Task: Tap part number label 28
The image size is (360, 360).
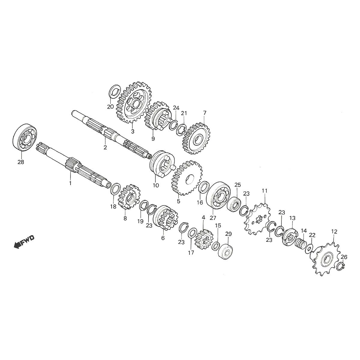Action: tap(21, 162)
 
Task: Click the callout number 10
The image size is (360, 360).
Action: tap(156, 185)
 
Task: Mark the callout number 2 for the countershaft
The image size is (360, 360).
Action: tap(105, 147)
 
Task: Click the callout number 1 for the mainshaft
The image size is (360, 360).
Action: tap(70, 183)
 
